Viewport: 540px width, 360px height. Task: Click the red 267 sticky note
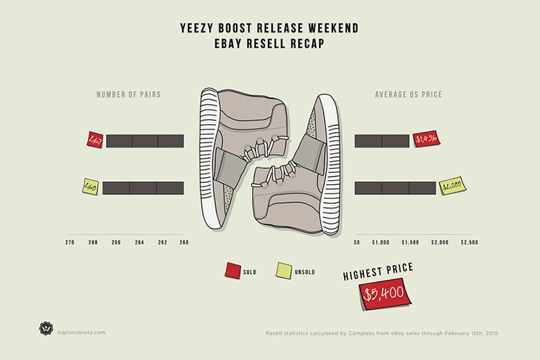click(94, 140)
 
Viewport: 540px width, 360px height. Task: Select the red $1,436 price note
click(426, 140)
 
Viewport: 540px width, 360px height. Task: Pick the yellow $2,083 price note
click(453, 186)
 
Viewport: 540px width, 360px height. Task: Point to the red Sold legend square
click(232, 270)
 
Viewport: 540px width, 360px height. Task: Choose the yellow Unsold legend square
click(283, 270)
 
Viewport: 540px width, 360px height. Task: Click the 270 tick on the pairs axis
click(70, 242)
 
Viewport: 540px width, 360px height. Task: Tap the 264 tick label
click(141, 242)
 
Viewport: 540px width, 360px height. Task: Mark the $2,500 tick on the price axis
click(469, 242)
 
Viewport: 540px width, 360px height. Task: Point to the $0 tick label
click(357, 242)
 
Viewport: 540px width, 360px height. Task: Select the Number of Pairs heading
click(128, 94)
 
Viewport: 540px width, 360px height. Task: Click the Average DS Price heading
click(409, 94)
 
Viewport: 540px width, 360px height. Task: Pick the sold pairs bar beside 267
click(145, 141)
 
